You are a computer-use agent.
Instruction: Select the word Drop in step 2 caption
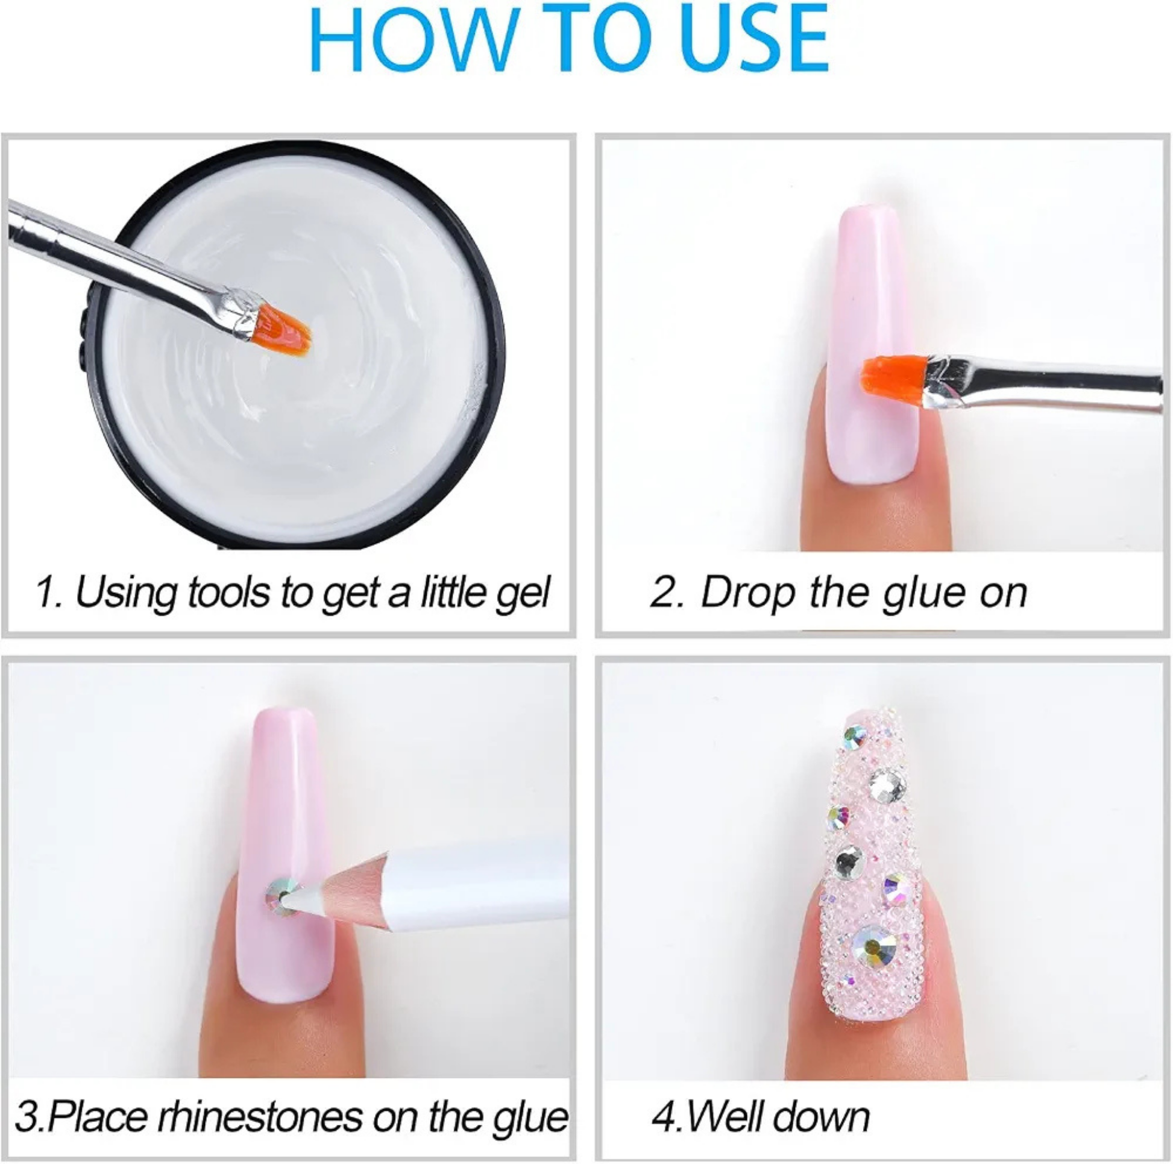747,592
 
